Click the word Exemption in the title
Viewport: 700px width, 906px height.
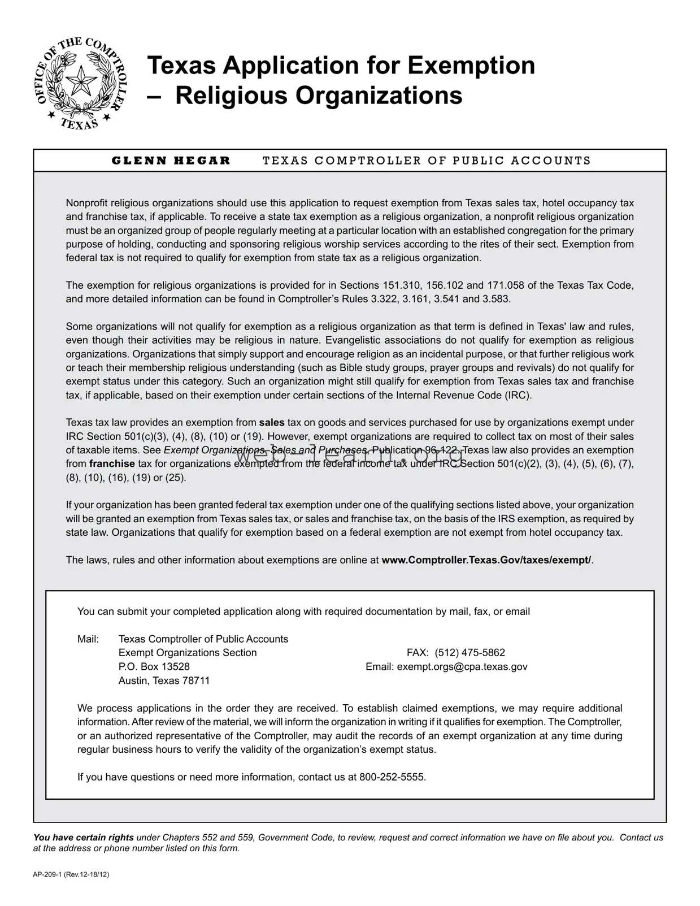471,65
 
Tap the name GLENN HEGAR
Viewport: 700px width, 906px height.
171,161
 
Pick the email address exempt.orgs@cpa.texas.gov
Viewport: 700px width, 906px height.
462,666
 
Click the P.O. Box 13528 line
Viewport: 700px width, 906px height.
154,666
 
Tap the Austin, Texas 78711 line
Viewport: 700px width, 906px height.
164,680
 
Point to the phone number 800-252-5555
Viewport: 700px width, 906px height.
392,777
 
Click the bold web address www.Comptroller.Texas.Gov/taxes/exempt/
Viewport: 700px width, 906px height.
486,560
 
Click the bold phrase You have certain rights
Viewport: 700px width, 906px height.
84,838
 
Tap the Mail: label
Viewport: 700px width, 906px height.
88,639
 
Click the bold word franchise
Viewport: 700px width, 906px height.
112,464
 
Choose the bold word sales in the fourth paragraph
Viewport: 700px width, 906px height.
272,423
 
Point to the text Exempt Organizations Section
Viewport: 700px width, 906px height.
188,653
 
